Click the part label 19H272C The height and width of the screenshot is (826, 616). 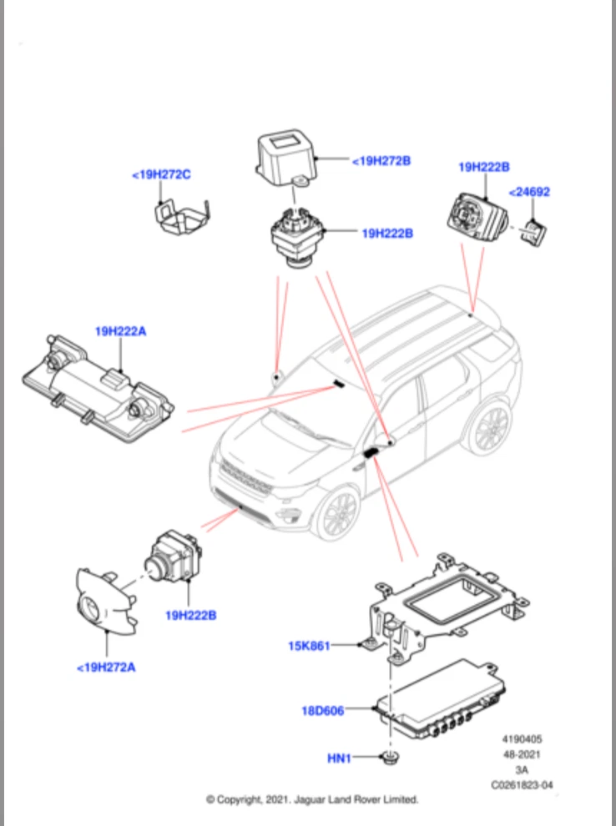click(161, 174)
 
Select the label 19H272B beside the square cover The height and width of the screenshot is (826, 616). click(381, 161)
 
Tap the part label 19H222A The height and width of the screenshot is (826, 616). click(121, 331)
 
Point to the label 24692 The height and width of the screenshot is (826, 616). click(529, 192)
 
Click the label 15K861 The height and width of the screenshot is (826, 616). click(309, 646)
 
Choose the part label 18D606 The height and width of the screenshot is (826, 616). click(322, 711)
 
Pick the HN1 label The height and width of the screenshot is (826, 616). click(339, 758)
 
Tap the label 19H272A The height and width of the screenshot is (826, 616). click(106, 667)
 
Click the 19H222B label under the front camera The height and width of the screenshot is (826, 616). click(191, 615)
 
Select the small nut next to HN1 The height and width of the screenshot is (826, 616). click(390, 758)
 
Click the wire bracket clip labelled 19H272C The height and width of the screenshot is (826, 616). click(182, 218)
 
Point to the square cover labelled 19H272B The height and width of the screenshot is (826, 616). click(285, 157)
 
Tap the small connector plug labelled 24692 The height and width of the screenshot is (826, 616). click(533, 232)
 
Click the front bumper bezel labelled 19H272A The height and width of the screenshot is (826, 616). click(107, 602)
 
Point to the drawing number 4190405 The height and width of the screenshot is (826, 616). click(522, 739)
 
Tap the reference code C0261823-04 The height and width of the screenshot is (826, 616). click(522, 785)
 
